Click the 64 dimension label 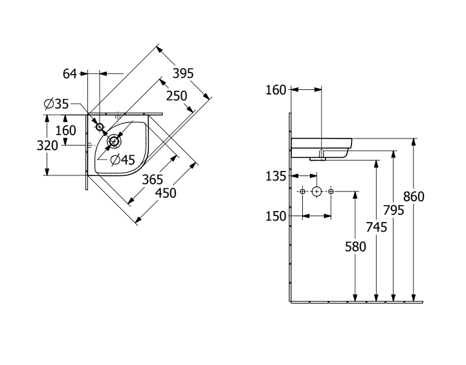coord(69,74)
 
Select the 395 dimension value coord(183,73)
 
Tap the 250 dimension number coord(177,96)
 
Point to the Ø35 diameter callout coord(56,104)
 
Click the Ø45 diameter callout coord(122,160)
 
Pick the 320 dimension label coord(47,146)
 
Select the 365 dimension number coord(153,179)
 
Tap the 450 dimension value coord(166,194)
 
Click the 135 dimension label coord(276,176)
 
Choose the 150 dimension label coord(276,216)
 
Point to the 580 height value coord(355,247)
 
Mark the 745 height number coord(376,227)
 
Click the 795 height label coord(394,210)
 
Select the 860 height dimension coord(414,197)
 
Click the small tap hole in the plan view coord(100,127)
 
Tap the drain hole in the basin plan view coord(114,141)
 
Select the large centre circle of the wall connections coord(316,192)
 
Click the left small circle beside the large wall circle coord(302,192)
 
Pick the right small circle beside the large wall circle coord(331,192)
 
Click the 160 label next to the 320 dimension coord(65,131)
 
